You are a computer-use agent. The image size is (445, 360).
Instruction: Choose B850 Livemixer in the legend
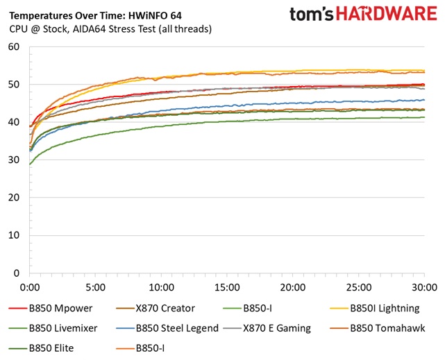tap(63, 328)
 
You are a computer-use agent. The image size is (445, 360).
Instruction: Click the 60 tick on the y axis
tap(15, 47)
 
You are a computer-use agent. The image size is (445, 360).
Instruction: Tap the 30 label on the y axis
tap(15, 160)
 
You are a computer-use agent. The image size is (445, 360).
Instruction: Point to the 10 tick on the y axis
tap(15, 236)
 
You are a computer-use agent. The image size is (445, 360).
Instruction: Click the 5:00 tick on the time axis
tap(96, 286)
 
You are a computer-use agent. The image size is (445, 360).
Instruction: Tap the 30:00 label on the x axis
tap(423, 286)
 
